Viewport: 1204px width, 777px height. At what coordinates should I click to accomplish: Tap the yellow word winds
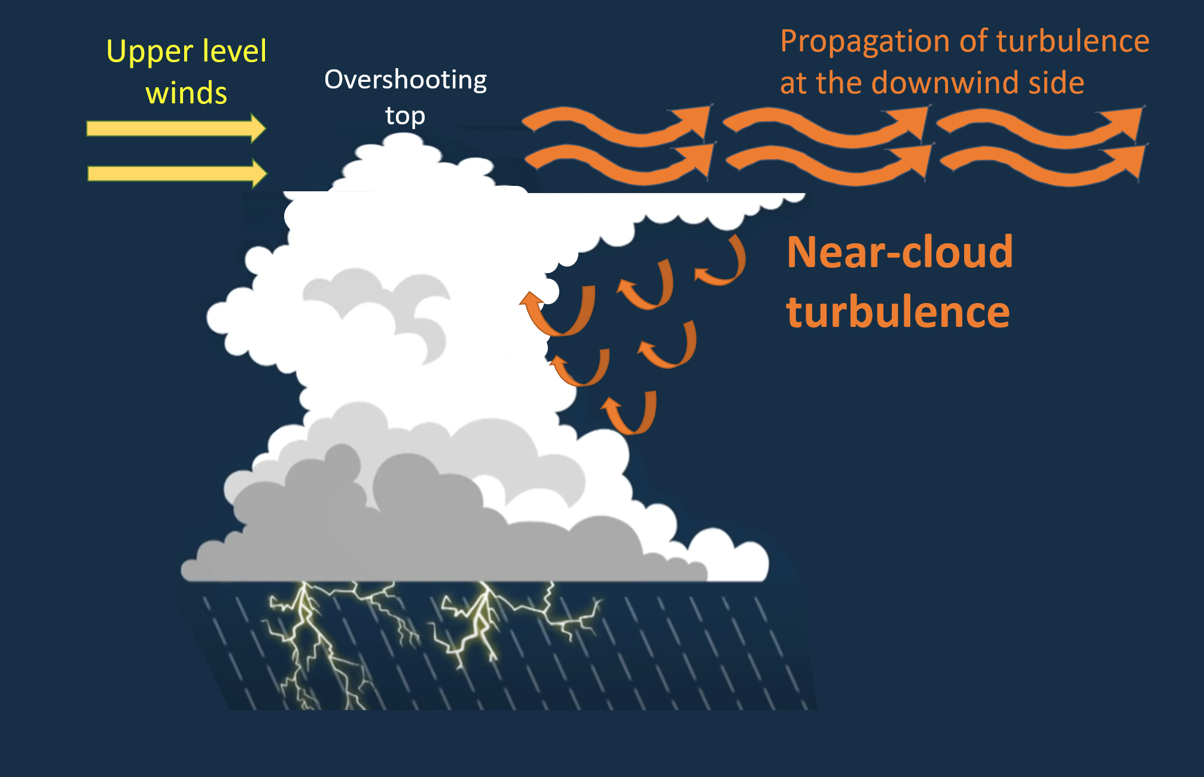coord(187,93)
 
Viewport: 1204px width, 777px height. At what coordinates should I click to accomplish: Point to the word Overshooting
coord(406,80)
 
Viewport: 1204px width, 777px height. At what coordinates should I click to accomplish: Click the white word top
coord(405,115)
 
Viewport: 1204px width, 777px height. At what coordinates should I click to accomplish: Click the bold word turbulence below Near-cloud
coord(898,312)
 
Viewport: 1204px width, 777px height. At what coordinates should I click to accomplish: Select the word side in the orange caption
coord(1056,82)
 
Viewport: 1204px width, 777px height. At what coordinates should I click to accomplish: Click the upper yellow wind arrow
coord(176,128)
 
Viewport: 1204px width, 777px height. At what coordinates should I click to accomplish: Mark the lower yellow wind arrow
coord(177,173)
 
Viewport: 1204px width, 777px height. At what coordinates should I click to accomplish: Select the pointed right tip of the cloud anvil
coord(804,194)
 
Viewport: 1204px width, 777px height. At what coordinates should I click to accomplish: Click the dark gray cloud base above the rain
coord(419,538)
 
